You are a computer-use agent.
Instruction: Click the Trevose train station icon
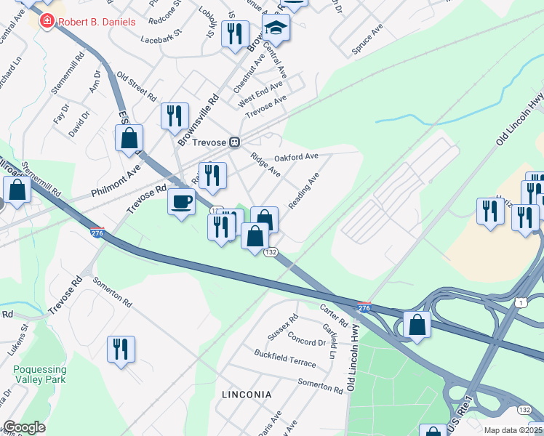point(235,142)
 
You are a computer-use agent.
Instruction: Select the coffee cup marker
point(181,201)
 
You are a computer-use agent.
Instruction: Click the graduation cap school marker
point(276,28)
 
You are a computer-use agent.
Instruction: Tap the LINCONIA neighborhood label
point(247,395)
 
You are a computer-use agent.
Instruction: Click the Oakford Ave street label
point(296,157)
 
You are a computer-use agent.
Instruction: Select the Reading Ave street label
point(304,191)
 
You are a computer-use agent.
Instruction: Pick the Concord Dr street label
point(306,340)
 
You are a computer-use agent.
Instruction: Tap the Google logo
point(23,427)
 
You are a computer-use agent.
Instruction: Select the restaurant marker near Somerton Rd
point(121,349)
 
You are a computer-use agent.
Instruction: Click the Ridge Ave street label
point(265,164)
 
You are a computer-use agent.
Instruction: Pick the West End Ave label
point(260,95)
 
